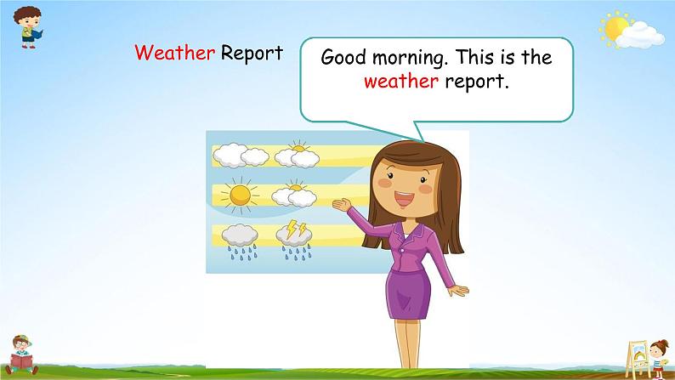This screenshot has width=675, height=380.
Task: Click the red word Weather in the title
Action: coord(175,53)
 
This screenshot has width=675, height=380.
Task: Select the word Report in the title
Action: coord(252,54)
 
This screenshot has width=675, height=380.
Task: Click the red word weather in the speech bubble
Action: coord(400,82)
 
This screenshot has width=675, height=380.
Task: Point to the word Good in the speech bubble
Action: coord(343,57)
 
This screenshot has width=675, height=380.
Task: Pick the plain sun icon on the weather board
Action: coord(240,196)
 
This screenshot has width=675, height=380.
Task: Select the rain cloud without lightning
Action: coord(240,242)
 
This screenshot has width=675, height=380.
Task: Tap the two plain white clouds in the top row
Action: coord(241,155)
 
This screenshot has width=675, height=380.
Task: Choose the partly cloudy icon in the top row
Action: coord(297,154)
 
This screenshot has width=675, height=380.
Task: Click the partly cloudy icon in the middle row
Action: coord(294,194)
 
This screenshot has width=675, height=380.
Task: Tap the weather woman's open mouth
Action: coord(404,199)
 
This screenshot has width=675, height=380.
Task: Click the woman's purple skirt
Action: coord(408,295)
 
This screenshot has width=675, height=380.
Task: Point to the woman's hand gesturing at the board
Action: coord(343,205)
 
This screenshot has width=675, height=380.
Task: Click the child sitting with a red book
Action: coord(21,354)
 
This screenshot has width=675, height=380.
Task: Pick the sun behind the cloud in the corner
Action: coord(616,28)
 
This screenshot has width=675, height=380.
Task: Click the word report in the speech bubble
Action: coord(477,82)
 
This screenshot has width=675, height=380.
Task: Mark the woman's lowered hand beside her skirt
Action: coord(459,291)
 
